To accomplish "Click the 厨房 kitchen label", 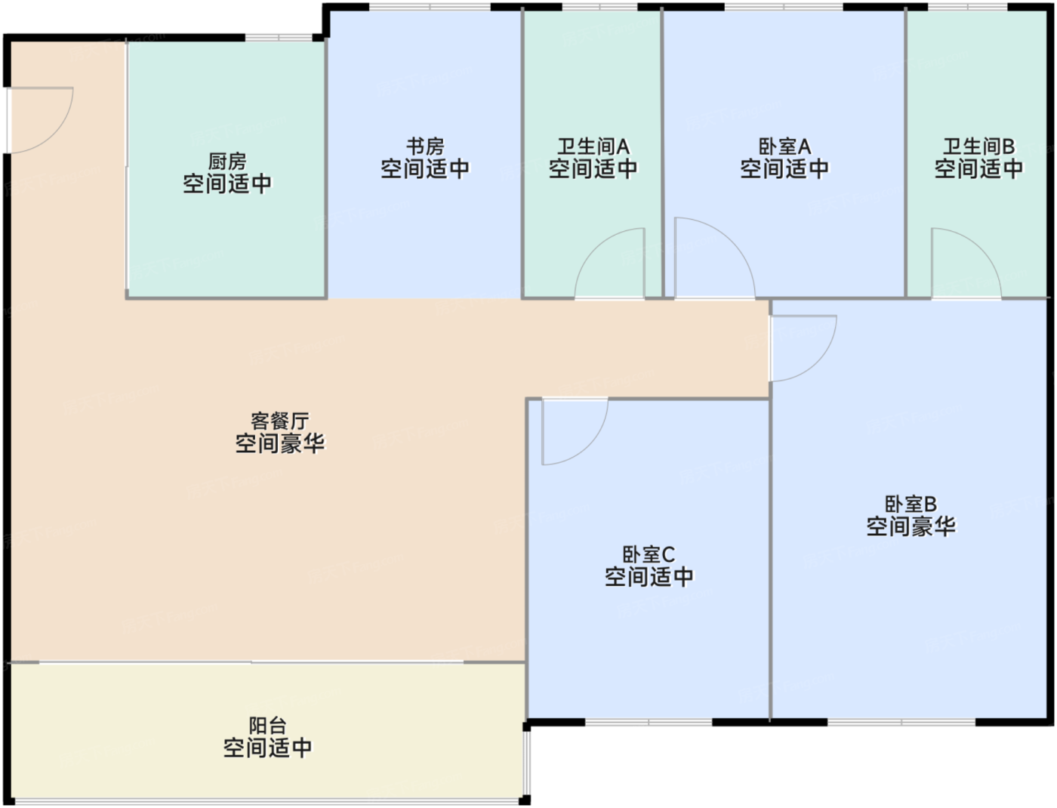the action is (x=227, y=162).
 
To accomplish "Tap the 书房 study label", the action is (x=425, y=146).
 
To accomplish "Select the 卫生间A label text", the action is (x=593, y=146).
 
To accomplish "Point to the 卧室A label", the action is (x=785, y=146).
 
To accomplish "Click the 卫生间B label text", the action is (x=979, y=146).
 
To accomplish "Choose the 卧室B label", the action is (x=911, y=504).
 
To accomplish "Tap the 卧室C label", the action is (x=649, y=555).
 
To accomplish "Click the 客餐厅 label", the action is (x=280, y=421).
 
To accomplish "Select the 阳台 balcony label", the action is (x=268, y=725).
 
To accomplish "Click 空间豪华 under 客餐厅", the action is (x=280, y=443).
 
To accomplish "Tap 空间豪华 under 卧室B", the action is (x=911, y=526).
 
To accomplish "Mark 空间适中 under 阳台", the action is (x=268, y=748).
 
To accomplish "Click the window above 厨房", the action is (x=279, y=38).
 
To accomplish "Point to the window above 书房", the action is (x=430, y=7).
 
